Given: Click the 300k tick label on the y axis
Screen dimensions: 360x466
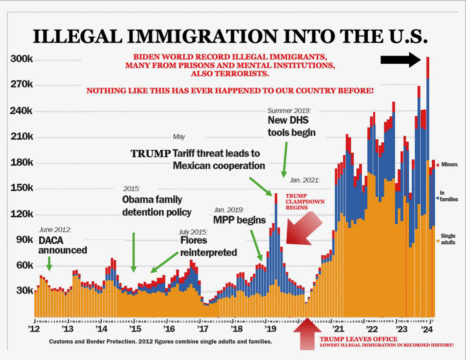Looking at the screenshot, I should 22,59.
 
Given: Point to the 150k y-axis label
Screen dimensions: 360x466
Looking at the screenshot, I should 22,188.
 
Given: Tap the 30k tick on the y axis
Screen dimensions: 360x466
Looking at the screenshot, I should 24,290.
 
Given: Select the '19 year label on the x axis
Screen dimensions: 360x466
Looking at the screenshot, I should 270,329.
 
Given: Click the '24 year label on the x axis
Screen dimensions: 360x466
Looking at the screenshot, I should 427,329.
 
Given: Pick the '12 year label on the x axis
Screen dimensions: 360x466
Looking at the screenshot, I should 34,329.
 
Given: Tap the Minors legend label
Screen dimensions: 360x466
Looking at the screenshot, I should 449,165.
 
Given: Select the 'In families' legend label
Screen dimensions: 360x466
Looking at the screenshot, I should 448,196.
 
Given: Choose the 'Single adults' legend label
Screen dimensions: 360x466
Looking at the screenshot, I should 448,239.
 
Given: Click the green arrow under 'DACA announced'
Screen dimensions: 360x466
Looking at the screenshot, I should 49,263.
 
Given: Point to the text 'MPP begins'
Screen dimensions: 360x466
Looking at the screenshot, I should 239,220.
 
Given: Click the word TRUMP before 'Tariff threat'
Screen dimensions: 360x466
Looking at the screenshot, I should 150,154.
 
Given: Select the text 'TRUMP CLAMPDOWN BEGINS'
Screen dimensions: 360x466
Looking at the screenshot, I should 304,202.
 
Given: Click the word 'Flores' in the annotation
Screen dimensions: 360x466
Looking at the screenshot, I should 194,240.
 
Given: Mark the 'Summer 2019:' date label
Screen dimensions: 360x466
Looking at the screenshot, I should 289,110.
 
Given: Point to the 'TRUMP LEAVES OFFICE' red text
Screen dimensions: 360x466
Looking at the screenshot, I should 358,339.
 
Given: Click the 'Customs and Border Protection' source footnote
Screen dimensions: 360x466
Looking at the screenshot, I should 160,342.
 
